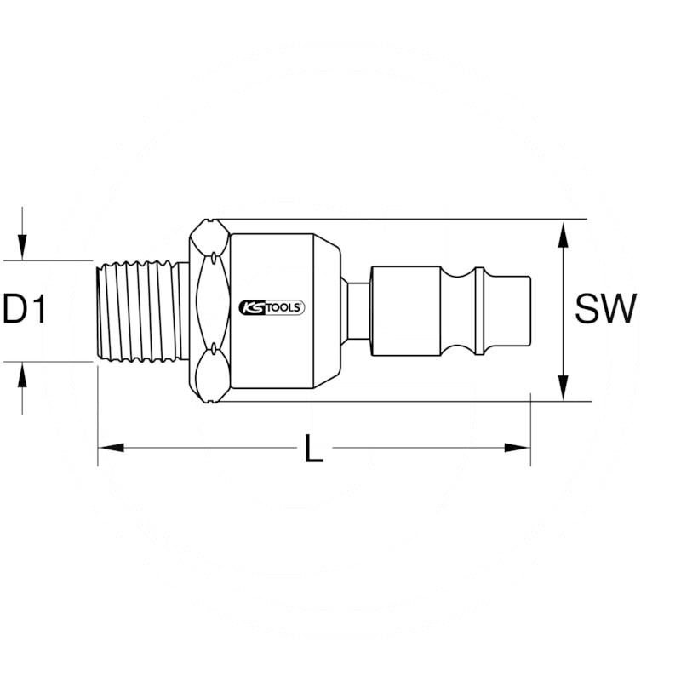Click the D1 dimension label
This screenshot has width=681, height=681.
point(25,310)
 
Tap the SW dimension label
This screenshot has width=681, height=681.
point(604,309)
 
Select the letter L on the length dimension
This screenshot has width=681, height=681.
point(314,448)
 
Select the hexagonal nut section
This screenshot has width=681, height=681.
point(209,310)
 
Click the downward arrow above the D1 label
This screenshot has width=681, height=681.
point(24,247)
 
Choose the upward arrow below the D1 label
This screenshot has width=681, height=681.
point(24,375)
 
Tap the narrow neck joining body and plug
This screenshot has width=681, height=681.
point(356,310)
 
